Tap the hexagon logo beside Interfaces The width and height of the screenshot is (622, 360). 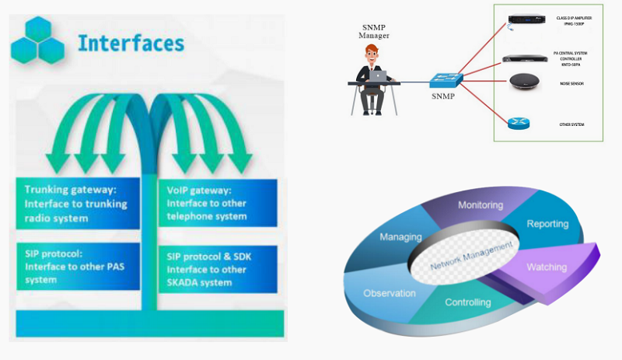tap(37, 40)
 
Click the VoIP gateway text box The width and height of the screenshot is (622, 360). tap(218, 203)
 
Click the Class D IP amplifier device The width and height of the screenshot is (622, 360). tap(521, 21)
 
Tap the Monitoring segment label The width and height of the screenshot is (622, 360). tap(480, 205)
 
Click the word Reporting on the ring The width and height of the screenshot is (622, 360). tap(547, 224)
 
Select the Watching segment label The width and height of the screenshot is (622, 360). tap(547, 267)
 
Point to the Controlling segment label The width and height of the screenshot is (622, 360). tap(467, 302)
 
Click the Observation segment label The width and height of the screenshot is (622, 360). tap(390, 293)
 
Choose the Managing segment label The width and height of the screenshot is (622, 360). tap(400, 236)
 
